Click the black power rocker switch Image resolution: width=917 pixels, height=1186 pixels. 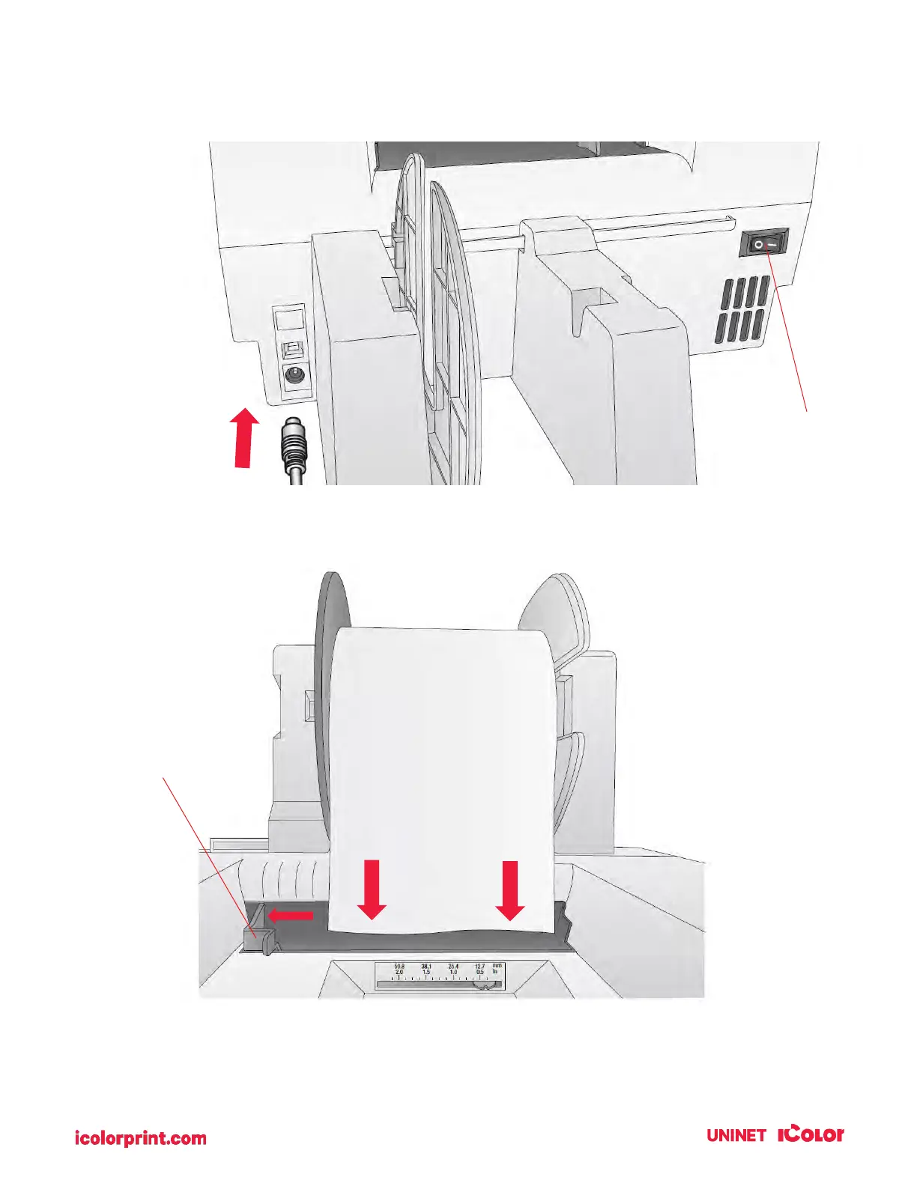764,244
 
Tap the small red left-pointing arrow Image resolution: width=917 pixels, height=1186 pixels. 290,914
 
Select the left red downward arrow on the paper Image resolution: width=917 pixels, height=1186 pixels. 372,889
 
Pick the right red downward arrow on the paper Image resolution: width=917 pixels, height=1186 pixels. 510,889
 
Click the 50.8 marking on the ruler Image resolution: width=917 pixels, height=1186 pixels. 399,967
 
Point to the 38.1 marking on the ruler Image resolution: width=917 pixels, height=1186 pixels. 426,967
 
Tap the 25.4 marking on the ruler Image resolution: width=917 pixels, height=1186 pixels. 453,967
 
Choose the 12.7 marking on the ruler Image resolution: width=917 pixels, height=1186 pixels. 479,967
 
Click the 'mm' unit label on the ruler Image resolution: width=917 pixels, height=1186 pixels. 497,966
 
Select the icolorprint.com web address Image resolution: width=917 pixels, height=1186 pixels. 141,1139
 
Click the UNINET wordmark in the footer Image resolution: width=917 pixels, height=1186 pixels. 736,1135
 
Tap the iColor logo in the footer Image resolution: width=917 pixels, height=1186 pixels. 811,1134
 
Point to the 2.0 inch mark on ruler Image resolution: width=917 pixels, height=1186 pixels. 399,973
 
